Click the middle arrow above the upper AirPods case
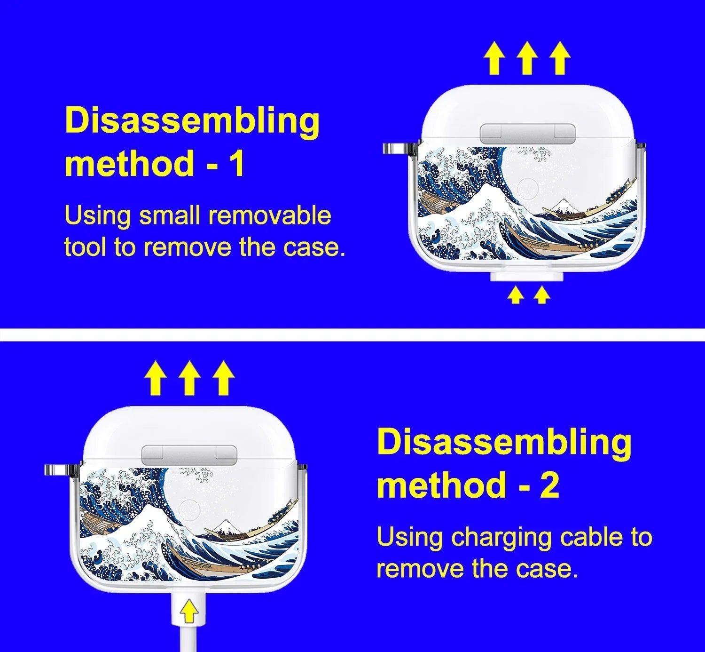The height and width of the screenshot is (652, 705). [527, 58]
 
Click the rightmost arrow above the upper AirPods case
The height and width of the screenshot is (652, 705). [560, 58]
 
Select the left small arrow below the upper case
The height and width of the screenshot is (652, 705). [516, 295]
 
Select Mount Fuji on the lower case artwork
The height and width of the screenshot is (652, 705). [224, 525]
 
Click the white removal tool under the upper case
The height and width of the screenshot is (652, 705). [526, 277]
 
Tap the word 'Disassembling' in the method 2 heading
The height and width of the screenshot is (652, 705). [504, 442]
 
